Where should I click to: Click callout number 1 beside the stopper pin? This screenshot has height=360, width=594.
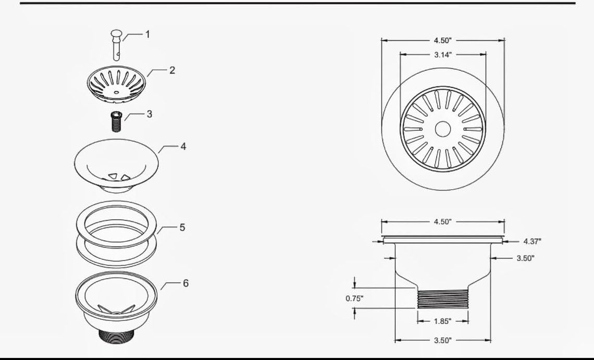[x=148, y=34]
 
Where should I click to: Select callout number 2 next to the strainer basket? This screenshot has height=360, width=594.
[x=172, y=70]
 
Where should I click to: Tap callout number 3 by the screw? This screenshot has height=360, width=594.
[x=149, y=114]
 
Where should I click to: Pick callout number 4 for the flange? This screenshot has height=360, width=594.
[x=183, y=146]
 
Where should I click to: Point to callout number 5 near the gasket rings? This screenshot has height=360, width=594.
[x=182, y=227]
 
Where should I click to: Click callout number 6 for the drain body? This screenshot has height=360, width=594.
[x=185, y=283]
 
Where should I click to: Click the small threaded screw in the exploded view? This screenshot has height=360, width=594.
[x=116, y=121]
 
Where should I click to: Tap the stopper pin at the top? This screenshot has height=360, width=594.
[x=116, y=45]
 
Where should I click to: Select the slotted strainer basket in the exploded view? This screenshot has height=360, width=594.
[x=116, y=84]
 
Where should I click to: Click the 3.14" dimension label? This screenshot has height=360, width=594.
[x=443, y=55]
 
